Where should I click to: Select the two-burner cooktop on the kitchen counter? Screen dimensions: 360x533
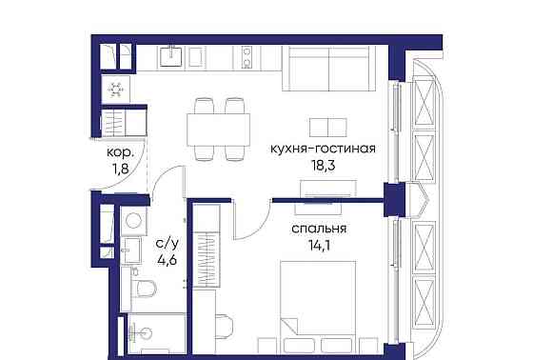point(245,56)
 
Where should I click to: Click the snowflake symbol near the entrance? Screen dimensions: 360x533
point(116,90)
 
